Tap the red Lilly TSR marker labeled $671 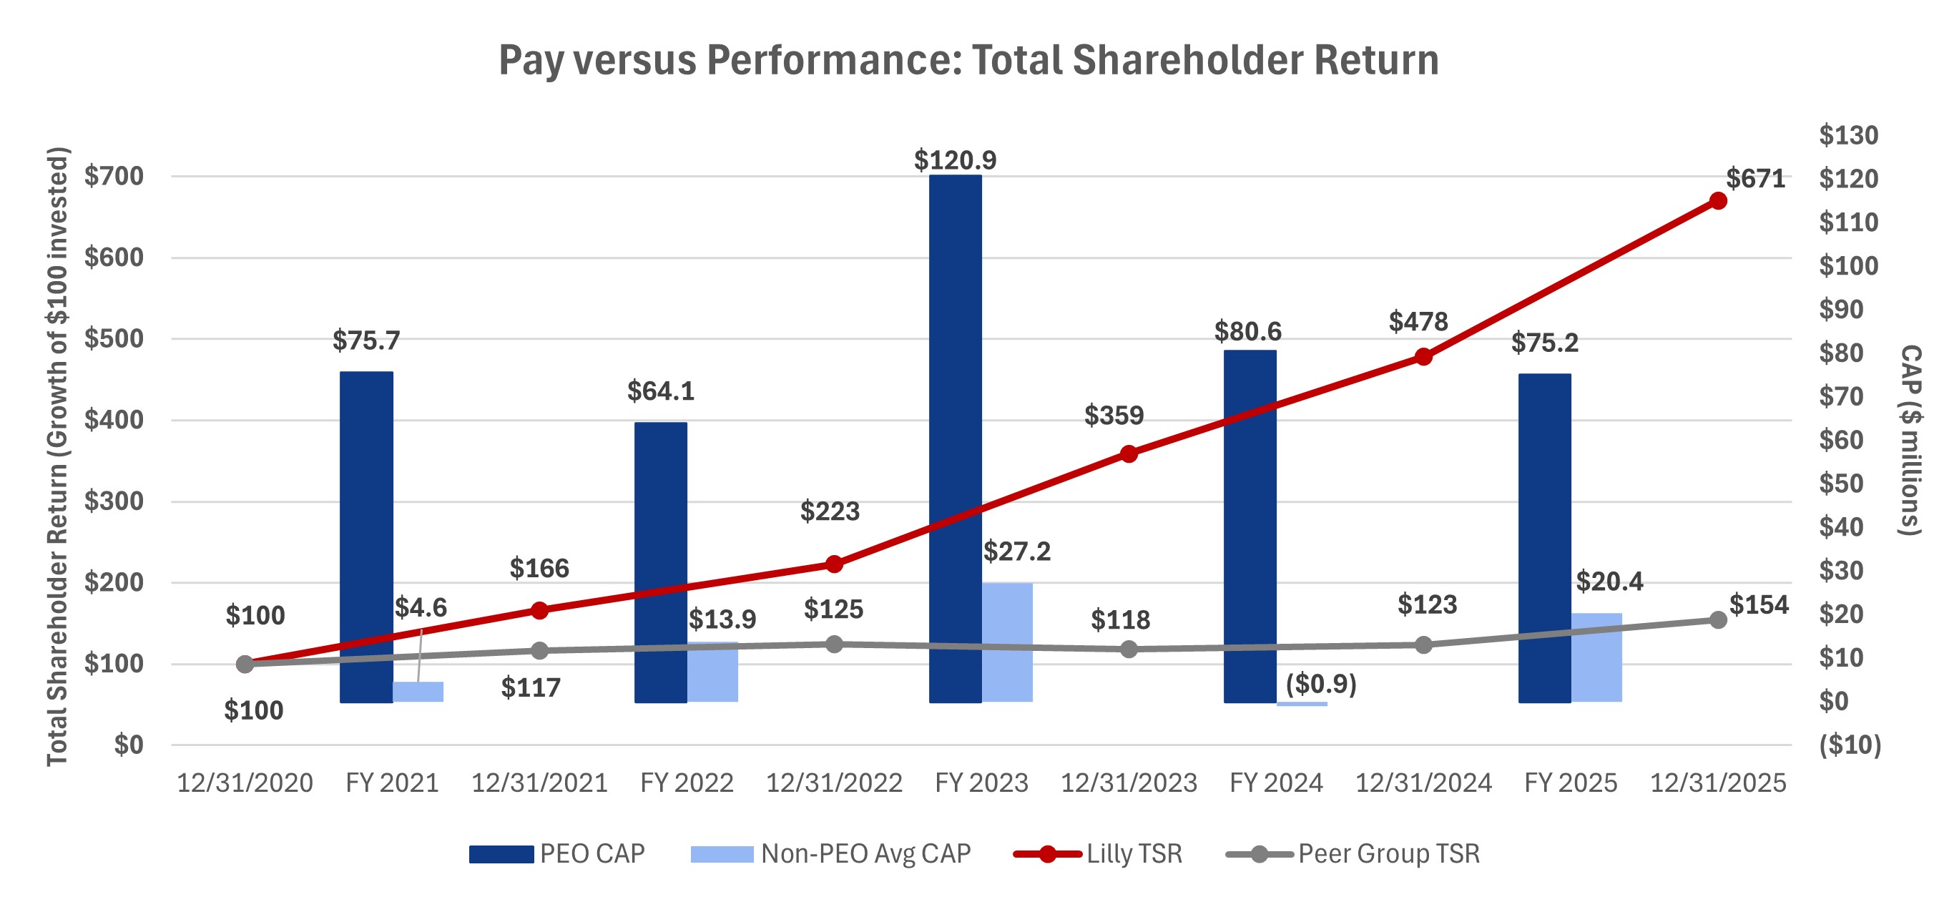click(1718, 200)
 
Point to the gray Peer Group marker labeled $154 click(1718, 619)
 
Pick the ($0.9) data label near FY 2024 click(1320, 684)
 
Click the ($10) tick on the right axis click(1850, 745)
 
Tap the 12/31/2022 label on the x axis click(834, 783)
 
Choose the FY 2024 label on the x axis click(1276, 783)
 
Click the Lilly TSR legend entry click(1099, 854)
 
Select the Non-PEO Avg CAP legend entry click(831, 854)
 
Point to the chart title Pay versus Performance click(968, 60)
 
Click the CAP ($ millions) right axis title click(1910, 440)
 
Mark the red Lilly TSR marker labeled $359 click(1129, 454)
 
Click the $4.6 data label click(420, 607)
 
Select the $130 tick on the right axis click(1848, 135)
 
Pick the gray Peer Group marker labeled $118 click(1129, 648)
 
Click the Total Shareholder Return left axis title click(57, 456)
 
